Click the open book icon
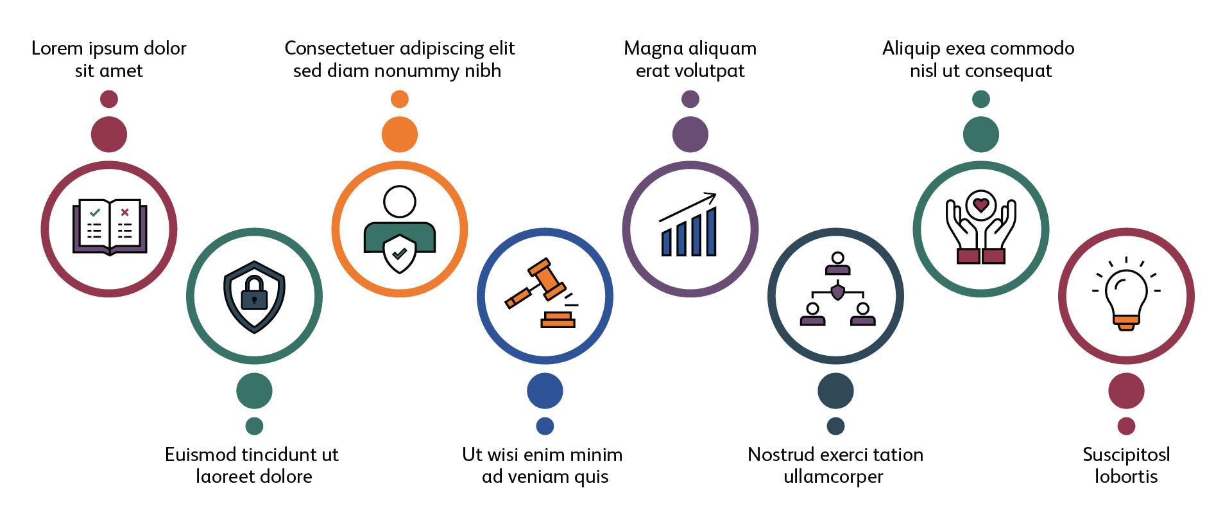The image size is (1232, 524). point(109,227)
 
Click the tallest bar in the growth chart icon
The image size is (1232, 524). point(711,231)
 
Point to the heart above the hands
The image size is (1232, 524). point(980,205)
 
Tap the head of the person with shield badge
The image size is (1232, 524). point(399,202)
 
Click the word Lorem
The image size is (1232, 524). point(57,48)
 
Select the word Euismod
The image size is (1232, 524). point(201,455)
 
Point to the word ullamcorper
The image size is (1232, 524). point(833,477)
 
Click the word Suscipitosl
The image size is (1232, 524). point(1126,455)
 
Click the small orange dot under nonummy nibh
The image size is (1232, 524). point(399,99)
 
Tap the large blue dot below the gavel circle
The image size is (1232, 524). point(545,390)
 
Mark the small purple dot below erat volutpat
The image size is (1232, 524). point(690,99)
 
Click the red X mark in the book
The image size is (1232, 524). point(124,212)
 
